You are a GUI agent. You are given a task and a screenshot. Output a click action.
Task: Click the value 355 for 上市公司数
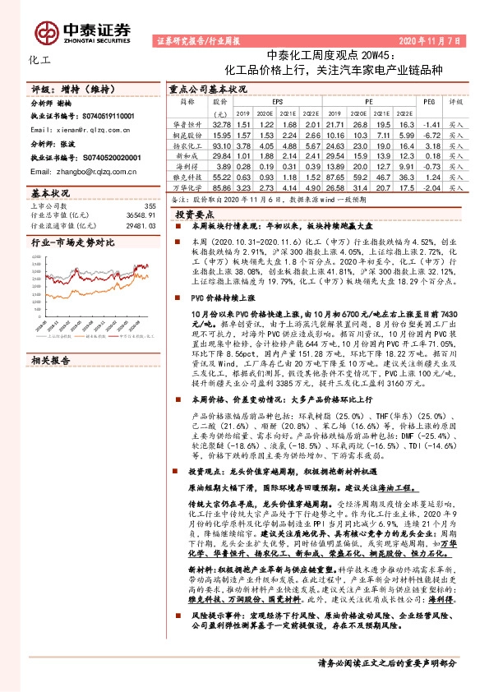point(150,205)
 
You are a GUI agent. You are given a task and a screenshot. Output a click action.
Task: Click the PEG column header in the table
point(427,101)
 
